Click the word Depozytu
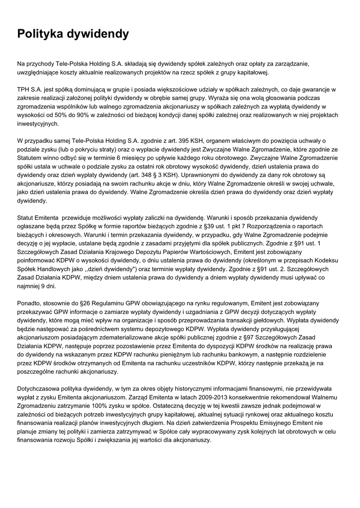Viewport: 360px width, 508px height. (x=152, y=252)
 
